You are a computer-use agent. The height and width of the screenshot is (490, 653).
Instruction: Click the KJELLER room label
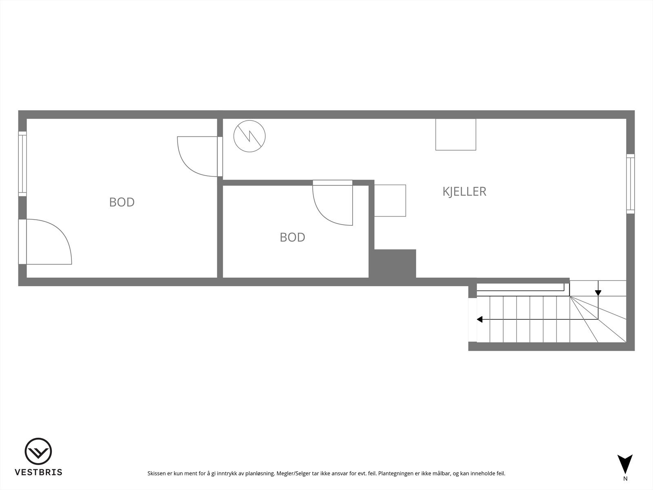coord(464,192)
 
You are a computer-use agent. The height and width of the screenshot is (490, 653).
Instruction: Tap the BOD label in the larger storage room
coord(122,202)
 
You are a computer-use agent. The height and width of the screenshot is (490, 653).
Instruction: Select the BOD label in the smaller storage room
coord(292,237)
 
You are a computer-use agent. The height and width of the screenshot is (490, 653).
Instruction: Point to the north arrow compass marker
coord(625,463)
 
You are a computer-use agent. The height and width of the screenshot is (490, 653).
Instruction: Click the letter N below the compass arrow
coord(625,479)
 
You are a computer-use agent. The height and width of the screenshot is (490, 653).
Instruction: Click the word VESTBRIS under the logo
coord(38,472)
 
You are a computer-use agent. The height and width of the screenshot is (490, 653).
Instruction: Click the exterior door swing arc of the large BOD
coord(53,241)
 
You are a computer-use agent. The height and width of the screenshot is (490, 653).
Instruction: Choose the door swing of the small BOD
coord(331,206)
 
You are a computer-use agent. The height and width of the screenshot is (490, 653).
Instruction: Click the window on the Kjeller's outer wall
coord(631,184)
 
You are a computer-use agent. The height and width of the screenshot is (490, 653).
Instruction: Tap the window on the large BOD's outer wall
coord(22,163)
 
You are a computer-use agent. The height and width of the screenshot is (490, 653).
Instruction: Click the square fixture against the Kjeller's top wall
coord(455,134)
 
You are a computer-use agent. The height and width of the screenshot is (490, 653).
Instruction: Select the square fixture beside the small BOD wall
coord(390,200)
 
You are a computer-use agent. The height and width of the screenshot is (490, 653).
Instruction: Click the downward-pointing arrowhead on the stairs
coord(598,292)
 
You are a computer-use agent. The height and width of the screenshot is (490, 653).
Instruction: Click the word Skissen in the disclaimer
coord(157,474)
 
